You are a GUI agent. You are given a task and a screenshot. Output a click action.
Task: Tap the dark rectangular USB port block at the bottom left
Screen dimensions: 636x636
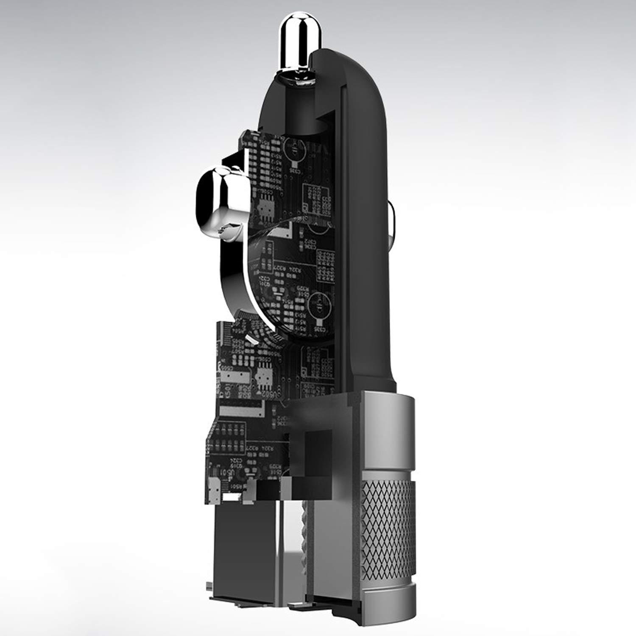pos(231,551)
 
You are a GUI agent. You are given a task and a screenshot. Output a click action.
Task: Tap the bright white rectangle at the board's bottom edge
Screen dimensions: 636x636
pos(232,495)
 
